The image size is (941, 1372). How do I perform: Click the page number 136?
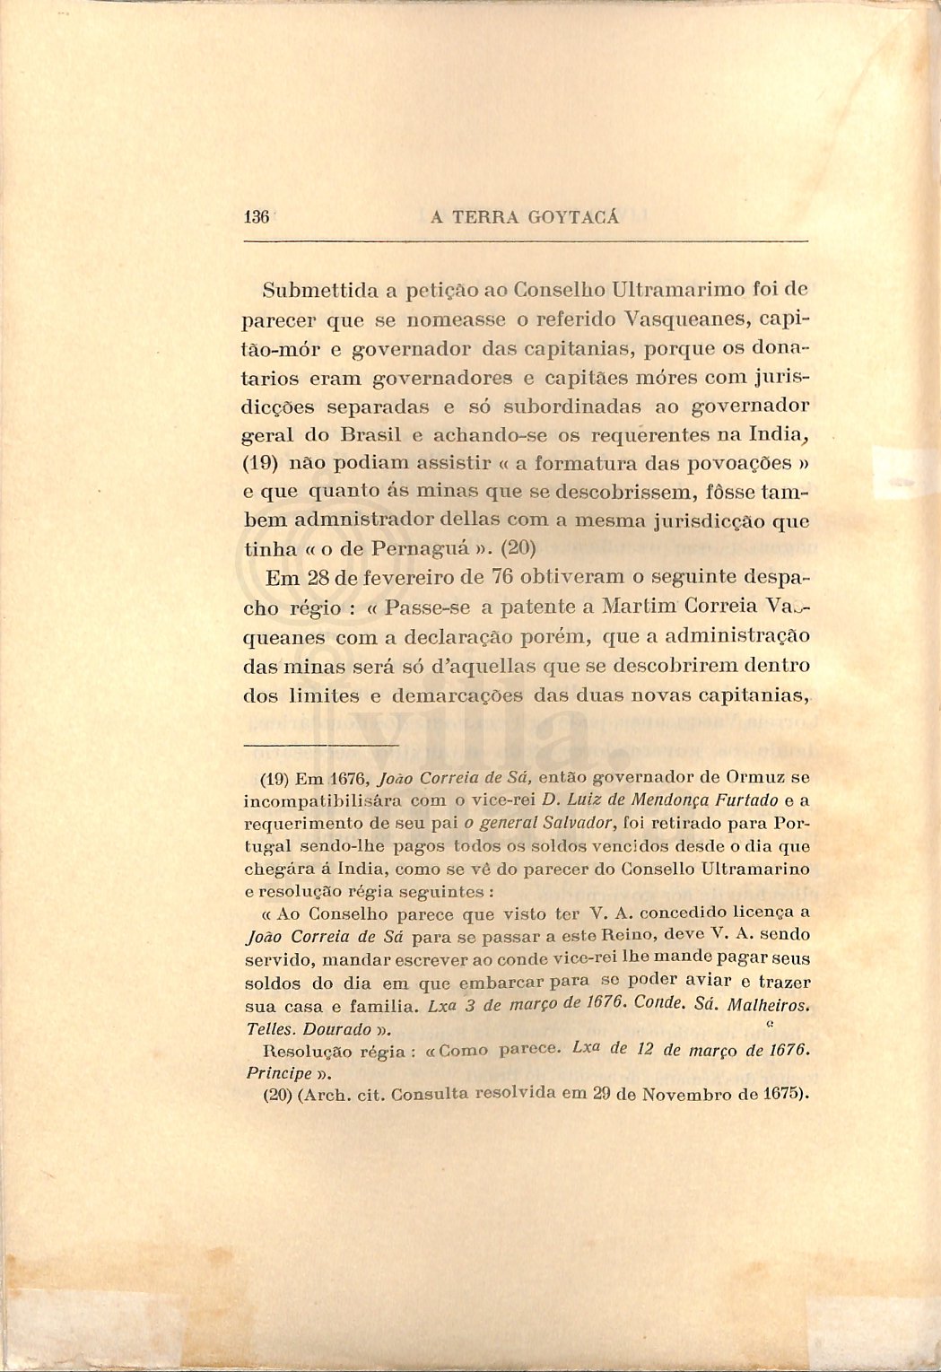click(x=257, y=217)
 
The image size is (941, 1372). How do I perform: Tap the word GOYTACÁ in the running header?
click(x=574, y=217)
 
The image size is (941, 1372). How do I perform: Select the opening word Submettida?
click(x=318, y=290)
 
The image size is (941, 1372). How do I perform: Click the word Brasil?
click(x=370, y=435)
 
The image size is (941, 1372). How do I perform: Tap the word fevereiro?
click(x=394, y=577)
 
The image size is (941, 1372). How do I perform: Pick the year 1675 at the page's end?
click(x=783, y=1095)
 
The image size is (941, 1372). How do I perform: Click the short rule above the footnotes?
click(x=320, y=745)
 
